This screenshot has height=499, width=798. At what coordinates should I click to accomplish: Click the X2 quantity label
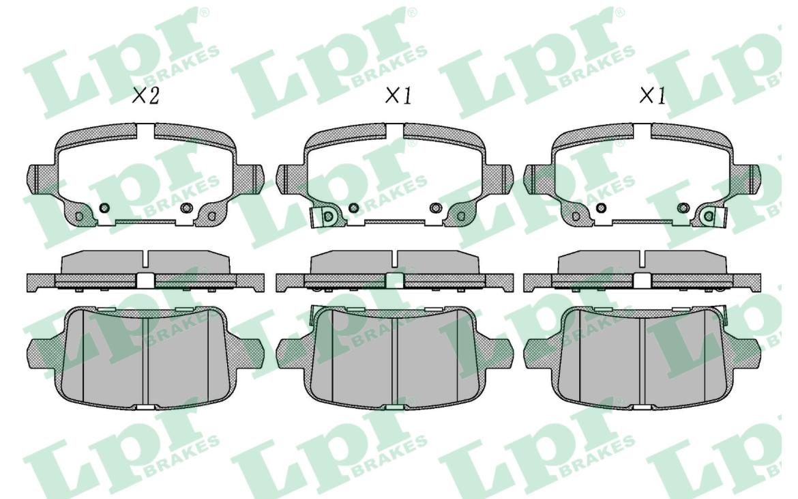[x=145, y=95]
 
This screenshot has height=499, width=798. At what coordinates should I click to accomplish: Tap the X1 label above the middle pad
[x=398, y=95]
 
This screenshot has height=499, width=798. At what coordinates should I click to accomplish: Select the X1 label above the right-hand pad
[x=653, y=95]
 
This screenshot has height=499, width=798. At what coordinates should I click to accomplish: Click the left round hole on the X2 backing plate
[x=105, y=208]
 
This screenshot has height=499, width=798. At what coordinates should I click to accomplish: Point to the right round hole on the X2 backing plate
[x=187, y=208]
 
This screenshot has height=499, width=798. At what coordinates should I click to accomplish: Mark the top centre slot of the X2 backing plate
[x=145, y=131]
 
